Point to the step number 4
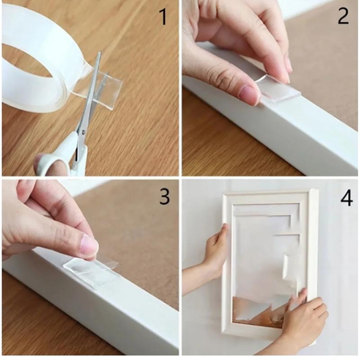click(x=346, y=198)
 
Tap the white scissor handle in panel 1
click(x=58, y=155)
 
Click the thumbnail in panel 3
click(x=89, y=246)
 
